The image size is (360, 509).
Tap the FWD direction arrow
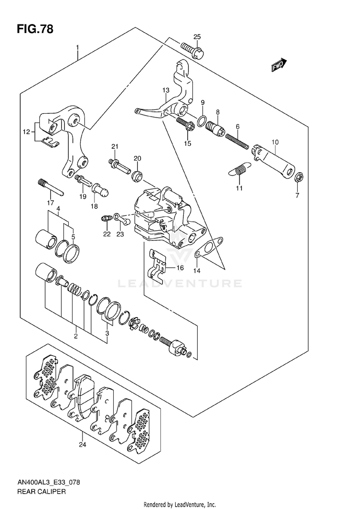click(x=279, y=65)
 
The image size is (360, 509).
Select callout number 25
click(x=197, y=37)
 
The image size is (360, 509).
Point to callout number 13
click(x=166, y=90)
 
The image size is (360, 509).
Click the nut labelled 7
click(x=298, y=178)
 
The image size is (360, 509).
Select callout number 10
click(x=275, y=142)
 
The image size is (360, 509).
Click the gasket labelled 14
click(x=209, y=248)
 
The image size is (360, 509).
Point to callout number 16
click(x=180, y=268)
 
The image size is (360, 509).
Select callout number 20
click(x=137, y=159)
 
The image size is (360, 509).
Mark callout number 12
click(x=25, y=131)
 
